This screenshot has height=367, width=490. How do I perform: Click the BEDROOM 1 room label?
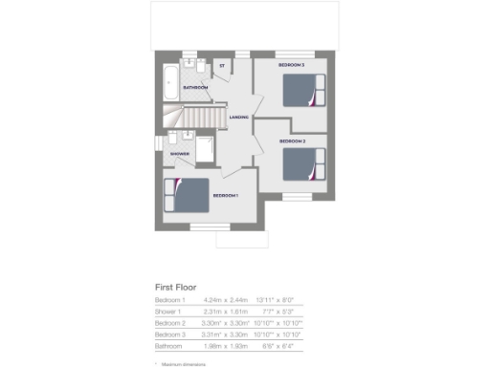225,196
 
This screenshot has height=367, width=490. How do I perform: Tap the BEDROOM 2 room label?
292,141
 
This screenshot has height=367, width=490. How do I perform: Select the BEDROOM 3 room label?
291,65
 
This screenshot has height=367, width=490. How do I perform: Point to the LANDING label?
239,118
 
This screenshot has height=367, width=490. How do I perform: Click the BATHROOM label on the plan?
196,87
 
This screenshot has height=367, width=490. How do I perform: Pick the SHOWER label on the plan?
180,153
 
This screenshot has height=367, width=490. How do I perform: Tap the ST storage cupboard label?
221,66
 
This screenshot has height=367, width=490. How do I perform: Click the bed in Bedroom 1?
188,196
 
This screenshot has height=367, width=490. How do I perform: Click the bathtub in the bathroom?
169,85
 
